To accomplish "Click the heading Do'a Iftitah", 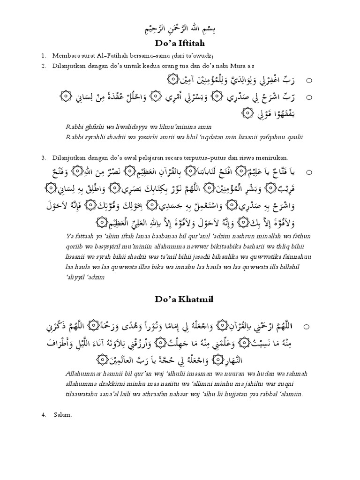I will coord(180,44).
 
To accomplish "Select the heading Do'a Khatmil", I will coord(180,300).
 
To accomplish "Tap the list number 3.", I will coord(43,157).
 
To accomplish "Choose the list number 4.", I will coord(43,414).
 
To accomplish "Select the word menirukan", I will coord(268,157).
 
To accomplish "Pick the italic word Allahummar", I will coord(87,374).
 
